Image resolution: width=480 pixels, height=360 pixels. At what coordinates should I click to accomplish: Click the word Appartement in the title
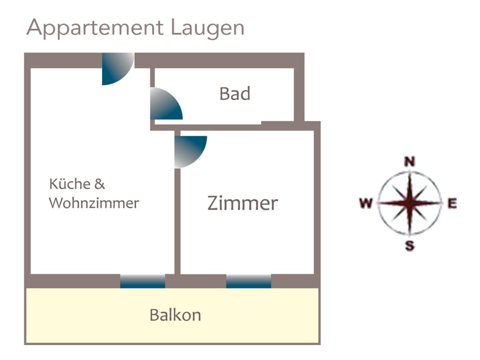pyautogui.click(x=95, y=28)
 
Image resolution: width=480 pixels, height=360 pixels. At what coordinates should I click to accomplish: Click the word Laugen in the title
pyautogui.click(x=207, y=29)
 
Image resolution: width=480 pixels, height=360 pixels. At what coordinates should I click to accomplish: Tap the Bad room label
pyautogui.click(x=235, y=94)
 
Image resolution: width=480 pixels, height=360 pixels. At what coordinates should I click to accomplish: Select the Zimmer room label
pyautogui.click(x=242, y=203)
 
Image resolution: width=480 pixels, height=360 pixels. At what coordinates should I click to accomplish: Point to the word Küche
pyautogui.click(x=70, y=184)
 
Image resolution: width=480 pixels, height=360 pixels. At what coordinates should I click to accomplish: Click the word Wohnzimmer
pyautogui.click(x=94, y=203)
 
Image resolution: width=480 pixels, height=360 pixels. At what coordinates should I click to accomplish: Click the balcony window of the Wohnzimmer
pyautogui.click(x=142, y=281)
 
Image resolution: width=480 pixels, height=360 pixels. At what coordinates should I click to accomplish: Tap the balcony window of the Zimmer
pyautogui.click(x=249, y=281)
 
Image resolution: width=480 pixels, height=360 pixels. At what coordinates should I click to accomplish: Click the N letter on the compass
pyautogui.click(x=409, y=162)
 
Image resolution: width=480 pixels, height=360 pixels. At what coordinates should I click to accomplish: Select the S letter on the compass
pyautogui.click(x=410, y=245)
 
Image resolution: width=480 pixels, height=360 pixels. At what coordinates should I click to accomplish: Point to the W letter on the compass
pyautogui.click(x=366, y=203)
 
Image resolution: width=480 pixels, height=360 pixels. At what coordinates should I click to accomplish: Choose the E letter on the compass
pyautogui.click(x=452, y=203)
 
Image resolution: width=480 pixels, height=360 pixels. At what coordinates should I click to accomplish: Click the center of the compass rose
pyautogui.click(x=410, y=203)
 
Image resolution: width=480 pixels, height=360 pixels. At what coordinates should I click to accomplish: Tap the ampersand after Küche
pyautogui.click(x=100, y=184)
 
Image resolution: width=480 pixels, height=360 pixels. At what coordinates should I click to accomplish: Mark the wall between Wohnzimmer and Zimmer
pyautogui.click(x=177, y=221)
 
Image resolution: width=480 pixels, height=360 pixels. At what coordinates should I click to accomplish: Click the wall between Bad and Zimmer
pyautogui.click(x=234, y=128)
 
